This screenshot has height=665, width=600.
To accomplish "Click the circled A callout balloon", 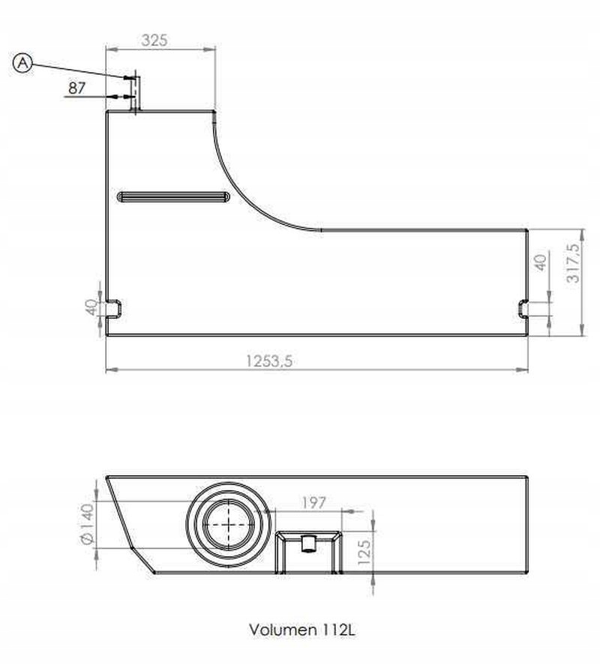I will point(23,64).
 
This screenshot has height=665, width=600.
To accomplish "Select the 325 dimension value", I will point(154,40).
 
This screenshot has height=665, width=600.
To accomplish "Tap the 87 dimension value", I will point(76,88).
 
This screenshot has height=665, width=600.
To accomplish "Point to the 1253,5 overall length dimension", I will point(268,361).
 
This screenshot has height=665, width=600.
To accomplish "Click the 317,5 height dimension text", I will point(574,263).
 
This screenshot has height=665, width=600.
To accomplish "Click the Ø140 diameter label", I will point(85,525).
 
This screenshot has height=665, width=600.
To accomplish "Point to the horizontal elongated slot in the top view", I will point(173,197).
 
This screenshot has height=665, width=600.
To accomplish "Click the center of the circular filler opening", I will point(226,525).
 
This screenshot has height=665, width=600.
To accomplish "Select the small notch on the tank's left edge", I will point(114,307).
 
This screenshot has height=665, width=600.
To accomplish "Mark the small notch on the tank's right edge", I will point(523,307).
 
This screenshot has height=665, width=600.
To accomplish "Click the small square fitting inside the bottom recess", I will point(307,542).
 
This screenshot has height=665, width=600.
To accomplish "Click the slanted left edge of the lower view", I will point(130,525).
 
